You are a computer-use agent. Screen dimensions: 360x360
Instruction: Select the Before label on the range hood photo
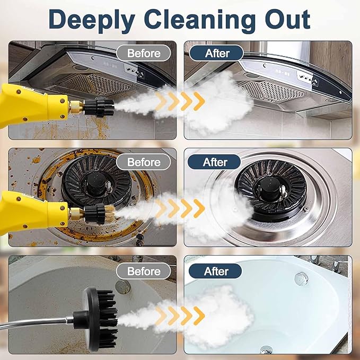pos(144,53)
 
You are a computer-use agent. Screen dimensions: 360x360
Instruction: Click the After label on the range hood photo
pos(217,53)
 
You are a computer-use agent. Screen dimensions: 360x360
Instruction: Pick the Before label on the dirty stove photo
pos(143,162)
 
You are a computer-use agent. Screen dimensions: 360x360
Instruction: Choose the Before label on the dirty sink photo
pos(144,271)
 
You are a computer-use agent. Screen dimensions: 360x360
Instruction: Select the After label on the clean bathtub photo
pos(216,271)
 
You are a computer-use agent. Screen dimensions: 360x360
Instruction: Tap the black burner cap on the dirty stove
pos(96,182)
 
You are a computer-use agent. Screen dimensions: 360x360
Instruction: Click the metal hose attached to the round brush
pos(42,321)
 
